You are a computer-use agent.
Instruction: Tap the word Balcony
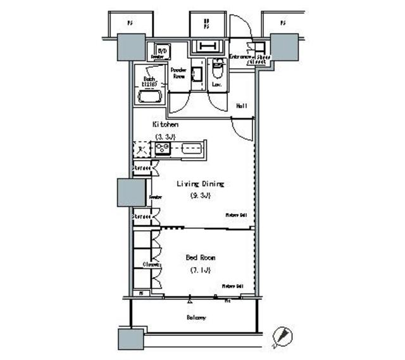pyautogui.click(x=196, y=317)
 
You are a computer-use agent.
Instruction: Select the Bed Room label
pyautogui.click(x=201, y=258)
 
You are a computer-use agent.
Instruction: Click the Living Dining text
pyautogui.click(x=199, y=183)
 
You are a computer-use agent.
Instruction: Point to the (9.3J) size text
pyautogui.click(x=199, y=196)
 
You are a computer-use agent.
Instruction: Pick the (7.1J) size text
pyautogui.click(x=199, y=270)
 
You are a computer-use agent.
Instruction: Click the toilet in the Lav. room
pyautogui.click(x=216, y=66)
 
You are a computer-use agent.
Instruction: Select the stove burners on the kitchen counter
pyautogui.click(x=163, y=149)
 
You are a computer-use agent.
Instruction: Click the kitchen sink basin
pyautogui.click(x=190, y=149)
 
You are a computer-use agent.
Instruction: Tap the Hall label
pyautogui.click(x=241, y=106)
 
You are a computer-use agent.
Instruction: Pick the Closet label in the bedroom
pyautogui.click(x=149, y=264)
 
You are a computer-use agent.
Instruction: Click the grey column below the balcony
pyautogui.click(x=132, y=339)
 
